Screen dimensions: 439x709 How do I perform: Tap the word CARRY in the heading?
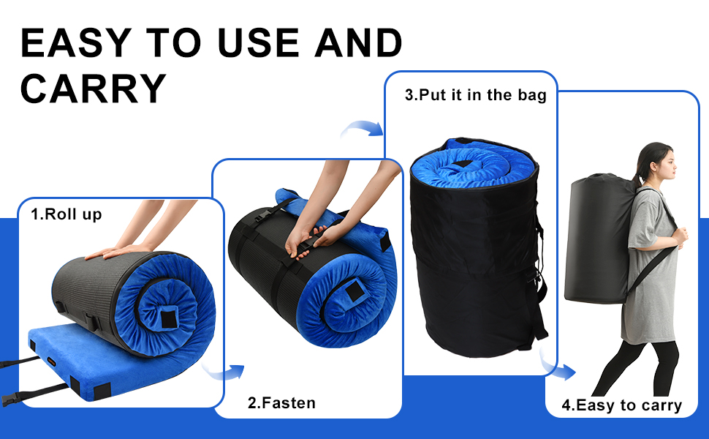click(x=93, y=89)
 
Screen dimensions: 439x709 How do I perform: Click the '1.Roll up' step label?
click(x=67, y=215)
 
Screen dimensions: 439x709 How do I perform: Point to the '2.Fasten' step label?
click(x=281, y=402)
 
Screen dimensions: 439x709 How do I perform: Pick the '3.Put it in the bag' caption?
click(x=475, y=95)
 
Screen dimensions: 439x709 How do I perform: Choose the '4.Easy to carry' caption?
click(x=621, y=405)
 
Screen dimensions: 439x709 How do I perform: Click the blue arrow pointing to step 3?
click(x=363, y=130)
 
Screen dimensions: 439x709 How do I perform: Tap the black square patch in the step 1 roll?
click(x=168, y=319)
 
